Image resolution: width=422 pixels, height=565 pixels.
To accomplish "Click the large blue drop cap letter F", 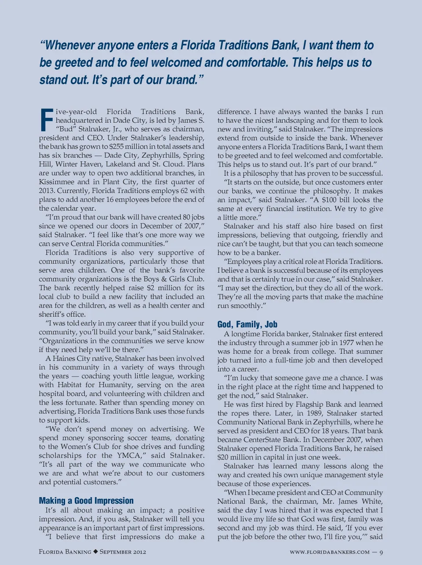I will [x=46, y=119].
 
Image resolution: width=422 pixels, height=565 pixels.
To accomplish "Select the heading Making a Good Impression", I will [x=86, y=501].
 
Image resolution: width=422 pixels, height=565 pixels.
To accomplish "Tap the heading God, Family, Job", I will [x=247, y=324].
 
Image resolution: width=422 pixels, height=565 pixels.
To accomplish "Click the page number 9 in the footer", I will [x=381, y=552].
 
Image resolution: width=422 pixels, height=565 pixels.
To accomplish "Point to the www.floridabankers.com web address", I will [x=329, y=552].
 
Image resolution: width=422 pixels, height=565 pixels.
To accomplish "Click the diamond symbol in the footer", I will [x=95, y=552].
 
